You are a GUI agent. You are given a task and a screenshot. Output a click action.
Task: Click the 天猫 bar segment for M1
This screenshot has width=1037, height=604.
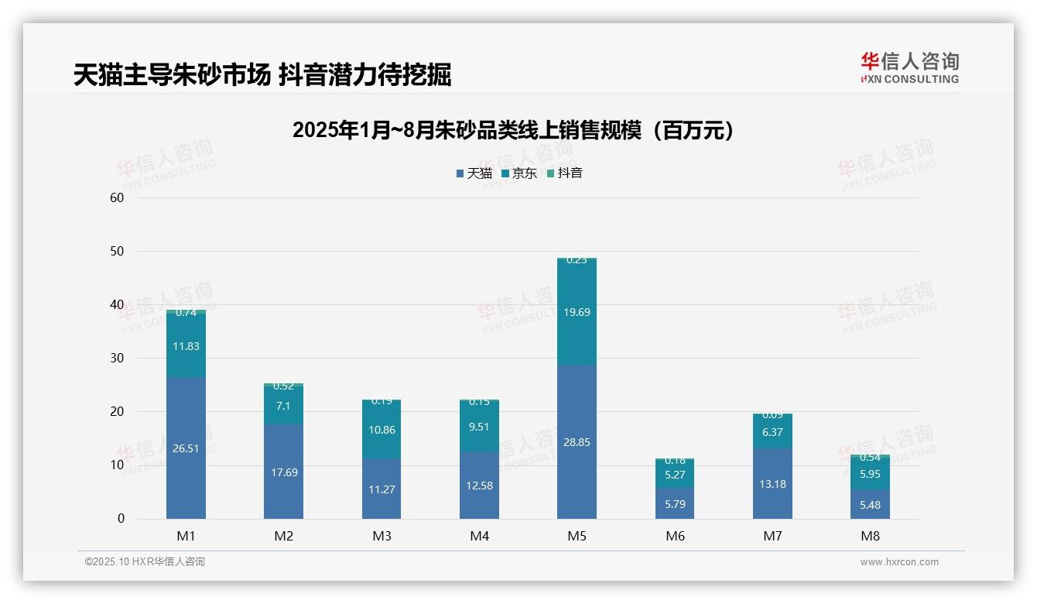click(186, 448)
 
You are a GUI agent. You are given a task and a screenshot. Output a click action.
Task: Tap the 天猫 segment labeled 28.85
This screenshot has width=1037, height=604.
click(577, 441)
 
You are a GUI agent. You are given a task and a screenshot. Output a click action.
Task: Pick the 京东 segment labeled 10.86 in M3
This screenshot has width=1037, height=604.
click(382, 431)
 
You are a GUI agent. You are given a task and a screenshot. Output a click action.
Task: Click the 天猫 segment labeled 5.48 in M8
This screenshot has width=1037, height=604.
click(870, 504)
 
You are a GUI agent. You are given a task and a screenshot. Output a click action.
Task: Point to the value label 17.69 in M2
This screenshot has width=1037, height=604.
click(284, 472)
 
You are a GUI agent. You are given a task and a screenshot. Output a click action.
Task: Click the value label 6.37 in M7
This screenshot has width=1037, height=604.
click(772, 432)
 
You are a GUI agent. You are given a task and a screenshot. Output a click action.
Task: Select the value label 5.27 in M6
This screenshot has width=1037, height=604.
click(675, 475)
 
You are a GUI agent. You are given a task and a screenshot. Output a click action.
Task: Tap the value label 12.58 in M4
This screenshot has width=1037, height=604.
click(479, 486)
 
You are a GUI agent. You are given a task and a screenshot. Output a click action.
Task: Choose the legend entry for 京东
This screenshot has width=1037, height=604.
click(519, 173)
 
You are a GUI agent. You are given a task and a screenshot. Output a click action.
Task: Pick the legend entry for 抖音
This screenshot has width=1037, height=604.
click(565, 173)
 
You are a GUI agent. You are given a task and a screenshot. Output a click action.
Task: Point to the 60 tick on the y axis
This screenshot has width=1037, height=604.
click(118, 197)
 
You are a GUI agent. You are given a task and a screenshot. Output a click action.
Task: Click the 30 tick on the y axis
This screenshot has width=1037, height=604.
click(118, 358)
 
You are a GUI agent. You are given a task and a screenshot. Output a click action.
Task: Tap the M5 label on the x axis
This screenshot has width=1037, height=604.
click(577, 536)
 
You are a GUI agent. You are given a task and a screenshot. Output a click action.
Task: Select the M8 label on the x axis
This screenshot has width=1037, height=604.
click(870, 536)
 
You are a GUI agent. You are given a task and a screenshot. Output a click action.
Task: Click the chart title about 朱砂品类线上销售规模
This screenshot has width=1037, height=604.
click(512, 131)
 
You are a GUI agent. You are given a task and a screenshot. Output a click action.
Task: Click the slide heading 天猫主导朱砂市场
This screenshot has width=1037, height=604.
click(262, 75)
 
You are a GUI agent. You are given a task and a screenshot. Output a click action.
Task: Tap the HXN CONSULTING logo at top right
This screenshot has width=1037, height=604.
click(909, 68)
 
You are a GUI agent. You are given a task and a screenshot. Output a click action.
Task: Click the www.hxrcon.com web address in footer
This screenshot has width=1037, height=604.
click(898, 562)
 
